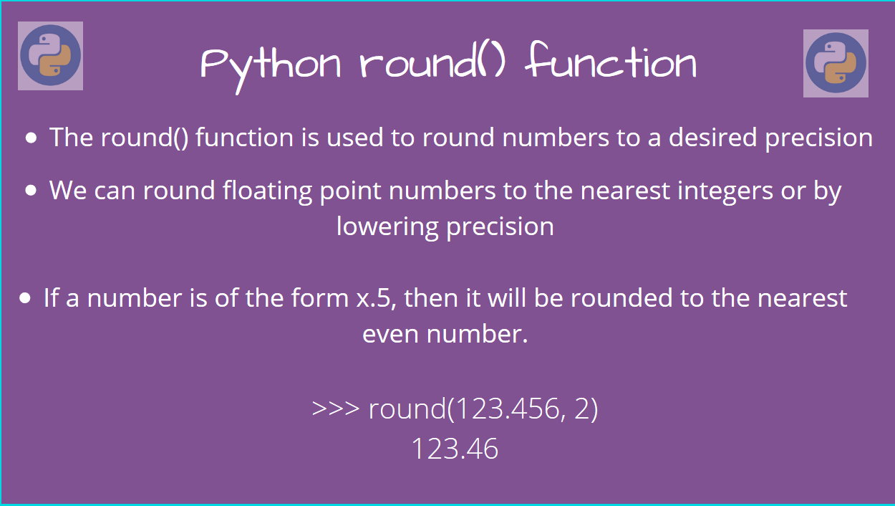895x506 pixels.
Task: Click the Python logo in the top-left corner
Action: (x=50, y=56)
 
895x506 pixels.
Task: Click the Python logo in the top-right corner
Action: (x=836, y=63)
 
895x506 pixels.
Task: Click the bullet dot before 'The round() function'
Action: (x=32, y=138)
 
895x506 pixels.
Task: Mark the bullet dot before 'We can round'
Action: (x=32, y=191)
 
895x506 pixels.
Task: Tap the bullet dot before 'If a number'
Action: (x=26, y=297)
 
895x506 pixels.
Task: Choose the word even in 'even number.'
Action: (x=390, y=334)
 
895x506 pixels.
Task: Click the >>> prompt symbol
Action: (x=335, y=409)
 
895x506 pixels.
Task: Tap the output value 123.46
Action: (x=455, y=449)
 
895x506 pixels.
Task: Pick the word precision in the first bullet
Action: (x=818, y=138)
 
